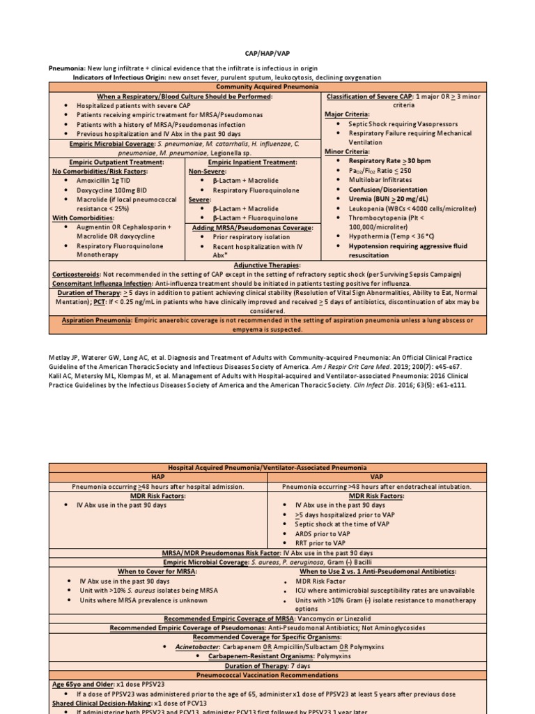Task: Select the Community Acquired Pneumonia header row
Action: point(267,86)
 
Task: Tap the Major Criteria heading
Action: point(347,114)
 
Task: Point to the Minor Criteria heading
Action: point(347,151)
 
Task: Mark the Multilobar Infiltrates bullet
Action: point(380,180)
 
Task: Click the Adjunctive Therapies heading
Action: point(267,265)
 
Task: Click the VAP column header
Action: point(377,476)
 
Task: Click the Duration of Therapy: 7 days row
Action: point(267,665)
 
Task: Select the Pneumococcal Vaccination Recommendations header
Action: point(267,675)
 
